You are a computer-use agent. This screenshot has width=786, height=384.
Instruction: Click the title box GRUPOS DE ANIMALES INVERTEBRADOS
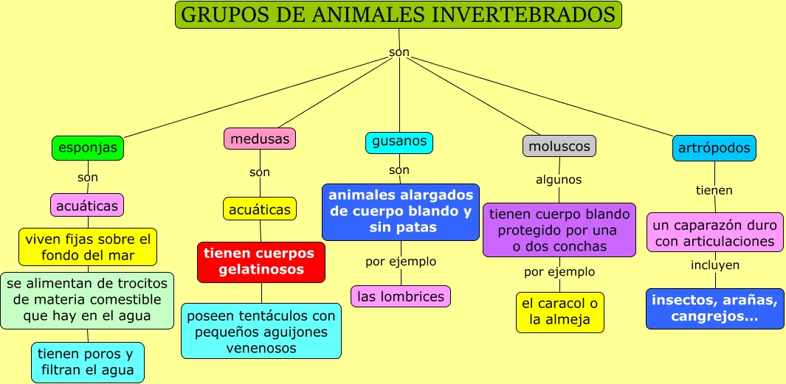(398, 15)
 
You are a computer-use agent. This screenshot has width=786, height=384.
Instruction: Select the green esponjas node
(87, 148)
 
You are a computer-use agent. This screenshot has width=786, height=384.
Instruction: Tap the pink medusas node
(259, 139)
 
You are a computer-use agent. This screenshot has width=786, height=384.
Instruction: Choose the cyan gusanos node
(399, 142)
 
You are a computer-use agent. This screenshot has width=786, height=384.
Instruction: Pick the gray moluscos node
(559, 146)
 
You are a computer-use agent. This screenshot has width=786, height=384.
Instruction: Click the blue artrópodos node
(714, 148)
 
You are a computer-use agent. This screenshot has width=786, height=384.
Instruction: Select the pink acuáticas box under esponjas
(87, 206)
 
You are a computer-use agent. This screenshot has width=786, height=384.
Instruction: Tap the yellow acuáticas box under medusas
(259, 209)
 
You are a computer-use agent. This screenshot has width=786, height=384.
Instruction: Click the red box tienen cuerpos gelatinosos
(261, 262)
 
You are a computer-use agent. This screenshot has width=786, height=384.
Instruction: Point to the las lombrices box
(400, 296)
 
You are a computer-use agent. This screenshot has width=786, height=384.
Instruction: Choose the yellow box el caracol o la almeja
(559, 312)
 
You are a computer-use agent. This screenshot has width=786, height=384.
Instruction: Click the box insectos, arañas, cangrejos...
(714, 309)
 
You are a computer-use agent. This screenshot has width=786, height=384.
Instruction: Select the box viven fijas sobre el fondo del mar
(87, 247)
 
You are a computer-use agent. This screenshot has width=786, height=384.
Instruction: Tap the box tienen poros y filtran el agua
(87, 362)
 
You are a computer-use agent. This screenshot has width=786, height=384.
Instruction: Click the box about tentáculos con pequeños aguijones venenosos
(261, 331)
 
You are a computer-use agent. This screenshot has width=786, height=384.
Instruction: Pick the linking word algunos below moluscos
(559, 180)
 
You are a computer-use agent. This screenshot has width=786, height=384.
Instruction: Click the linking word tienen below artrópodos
(714, 190)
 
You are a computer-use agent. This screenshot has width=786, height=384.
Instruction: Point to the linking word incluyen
(714, 265)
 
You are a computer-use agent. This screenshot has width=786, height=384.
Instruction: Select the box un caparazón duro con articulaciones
(714, 231)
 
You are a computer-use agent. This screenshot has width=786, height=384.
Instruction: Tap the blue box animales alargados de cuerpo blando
(400, 212)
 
